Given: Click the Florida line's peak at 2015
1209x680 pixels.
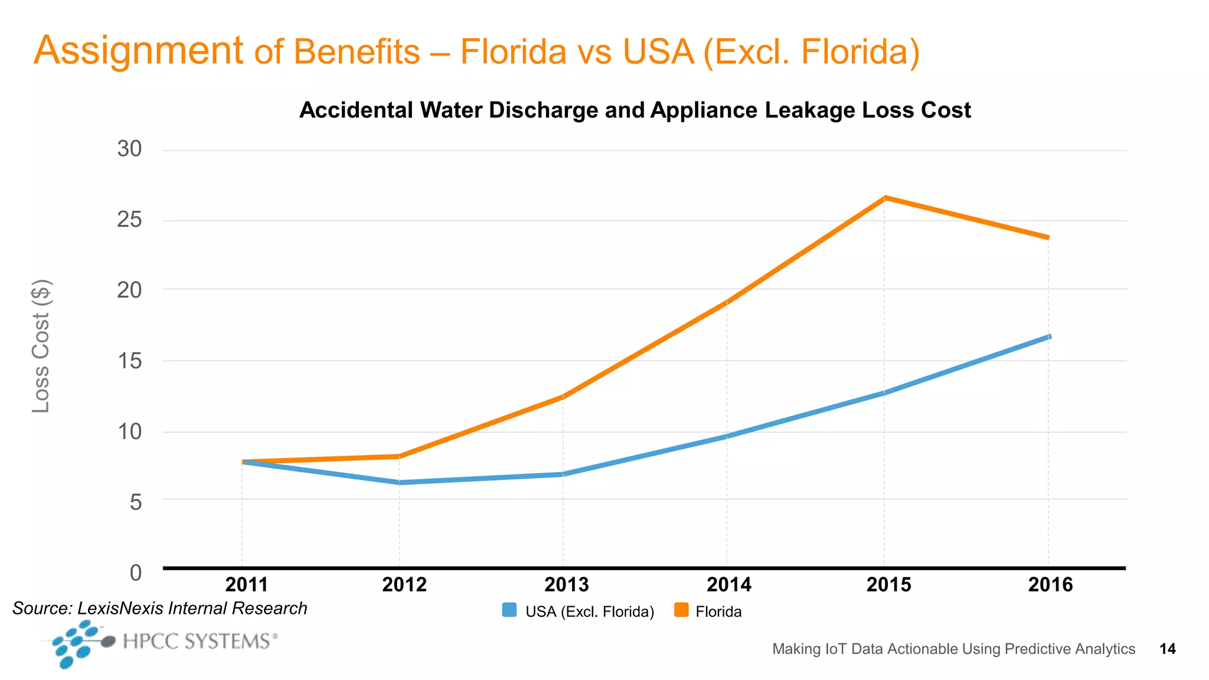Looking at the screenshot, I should [x=884, y=198].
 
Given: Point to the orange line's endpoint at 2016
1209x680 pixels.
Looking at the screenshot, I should [x=1048, y=237].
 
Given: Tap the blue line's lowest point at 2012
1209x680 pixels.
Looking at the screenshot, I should [x=400, y=482].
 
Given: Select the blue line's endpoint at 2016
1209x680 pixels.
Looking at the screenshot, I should [x=1049, y=336].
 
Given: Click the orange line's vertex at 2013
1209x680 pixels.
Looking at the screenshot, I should [x=563, y=397].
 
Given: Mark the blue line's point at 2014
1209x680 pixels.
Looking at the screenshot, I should [x=726, y=436].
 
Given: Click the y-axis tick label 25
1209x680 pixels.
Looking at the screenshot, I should [x=129, y=220].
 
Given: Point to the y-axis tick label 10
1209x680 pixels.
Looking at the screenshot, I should [x=129, y=431].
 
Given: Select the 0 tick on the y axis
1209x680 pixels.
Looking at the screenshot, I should [x=136, y=573].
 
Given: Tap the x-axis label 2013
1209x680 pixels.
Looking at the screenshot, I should [x=566, y=584].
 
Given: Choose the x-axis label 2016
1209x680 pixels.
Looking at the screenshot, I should [x=1050, y=584].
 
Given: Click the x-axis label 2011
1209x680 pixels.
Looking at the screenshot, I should [x=247, y=584].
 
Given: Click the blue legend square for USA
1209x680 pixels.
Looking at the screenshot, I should [x=509, y=610].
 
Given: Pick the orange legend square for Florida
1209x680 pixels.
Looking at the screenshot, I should [x=681, y=610].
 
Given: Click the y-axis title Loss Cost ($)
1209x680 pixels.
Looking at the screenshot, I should [x=41, y=346].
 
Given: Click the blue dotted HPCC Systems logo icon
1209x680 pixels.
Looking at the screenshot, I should [x=76, y=644].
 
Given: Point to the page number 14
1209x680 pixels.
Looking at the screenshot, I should [x=1167, y=649].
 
